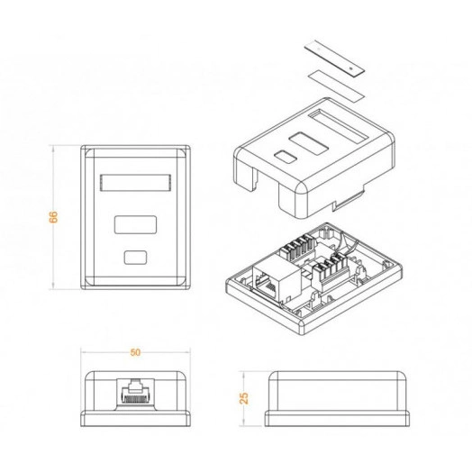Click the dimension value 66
(54, 216)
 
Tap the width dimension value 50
(136, 352)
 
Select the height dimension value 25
(244, 396)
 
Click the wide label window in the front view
(136, 184)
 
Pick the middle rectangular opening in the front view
(136, 224)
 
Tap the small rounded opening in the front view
(136, 257)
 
